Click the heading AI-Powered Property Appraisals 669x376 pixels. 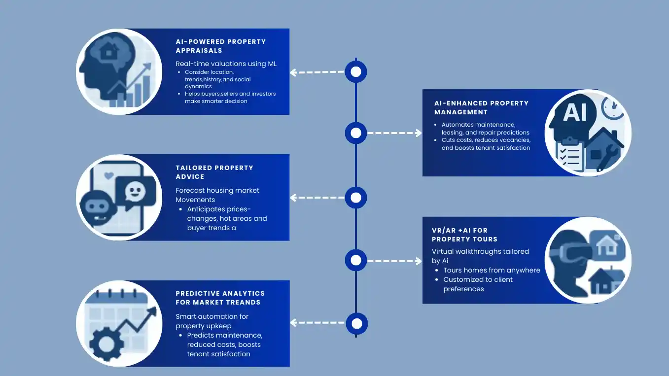(221, 46)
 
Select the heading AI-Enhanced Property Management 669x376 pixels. (482, 107)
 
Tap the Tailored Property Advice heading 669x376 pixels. (214, 172)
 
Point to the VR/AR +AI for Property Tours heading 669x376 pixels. (465, 235)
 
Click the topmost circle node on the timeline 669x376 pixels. (356, 71)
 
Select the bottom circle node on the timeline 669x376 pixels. (356, 323)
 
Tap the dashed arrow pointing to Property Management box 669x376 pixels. (394, 133)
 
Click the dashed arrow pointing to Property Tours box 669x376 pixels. (394, 261)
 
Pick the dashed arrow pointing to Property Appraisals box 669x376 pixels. (317, 72)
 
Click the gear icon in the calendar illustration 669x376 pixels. (106, 344)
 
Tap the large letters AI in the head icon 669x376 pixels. (575, 112)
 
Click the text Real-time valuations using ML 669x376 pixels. (226, 64)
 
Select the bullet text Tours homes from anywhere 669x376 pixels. (492, 270)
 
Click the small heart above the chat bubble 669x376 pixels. (109, 175)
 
